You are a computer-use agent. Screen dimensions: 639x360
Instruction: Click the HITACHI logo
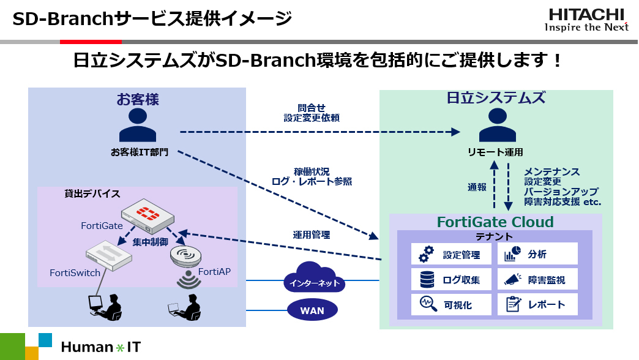[586, 20]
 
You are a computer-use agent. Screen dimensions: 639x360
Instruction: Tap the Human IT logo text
[100, 347]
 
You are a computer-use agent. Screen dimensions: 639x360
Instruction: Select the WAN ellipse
[312, 310]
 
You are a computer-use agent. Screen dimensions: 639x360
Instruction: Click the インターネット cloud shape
[314, 277]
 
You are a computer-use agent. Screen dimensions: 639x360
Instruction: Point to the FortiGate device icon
[148, 216]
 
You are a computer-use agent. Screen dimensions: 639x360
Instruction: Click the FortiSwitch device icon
[109, 255]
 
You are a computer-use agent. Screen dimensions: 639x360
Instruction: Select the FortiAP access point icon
[186, 256]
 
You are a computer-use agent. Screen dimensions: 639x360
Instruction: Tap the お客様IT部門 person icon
[138, 125]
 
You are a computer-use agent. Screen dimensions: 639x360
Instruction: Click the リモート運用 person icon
[497, 125]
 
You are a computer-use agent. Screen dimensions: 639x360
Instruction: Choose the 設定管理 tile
[451, 254]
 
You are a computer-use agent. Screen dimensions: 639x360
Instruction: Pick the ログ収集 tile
[451, 279]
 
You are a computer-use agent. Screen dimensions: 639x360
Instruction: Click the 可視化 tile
[451, 304]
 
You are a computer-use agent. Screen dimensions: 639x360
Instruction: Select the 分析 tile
[537, 254]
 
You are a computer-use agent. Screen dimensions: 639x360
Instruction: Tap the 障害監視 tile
[537, 279]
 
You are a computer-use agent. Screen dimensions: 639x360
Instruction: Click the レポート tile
[537, 304]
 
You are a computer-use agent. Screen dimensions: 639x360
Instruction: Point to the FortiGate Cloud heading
[495, 222]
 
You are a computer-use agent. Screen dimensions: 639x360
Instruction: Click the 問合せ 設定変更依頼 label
[312, 113]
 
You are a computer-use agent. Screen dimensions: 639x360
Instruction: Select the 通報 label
[477, 187]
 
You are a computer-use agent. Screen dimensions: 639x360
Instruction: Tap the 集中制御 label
[150, 242]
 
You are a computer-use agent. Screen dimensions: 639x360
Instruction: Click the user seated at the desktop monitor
[105, 307]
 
